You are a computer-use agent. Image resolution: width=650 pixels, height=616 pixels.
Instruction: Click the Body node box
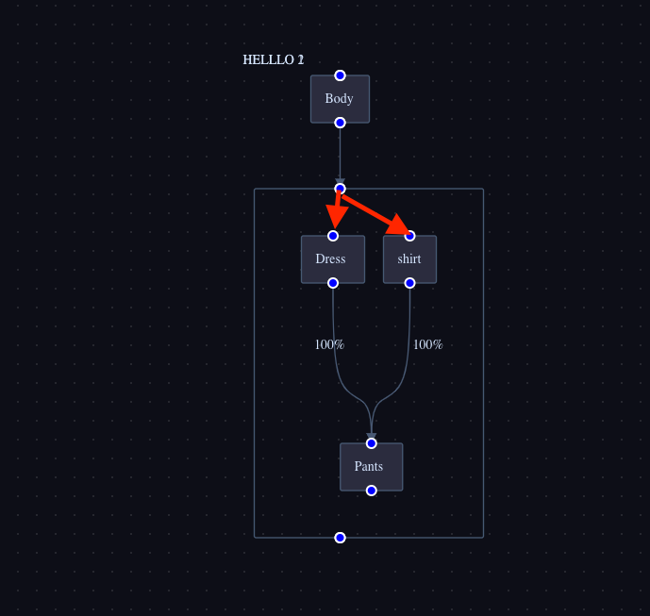click(x=340, y=99)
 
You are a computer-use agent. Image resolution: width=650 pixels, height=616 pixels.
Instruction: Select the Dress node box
click(x=332, y=259)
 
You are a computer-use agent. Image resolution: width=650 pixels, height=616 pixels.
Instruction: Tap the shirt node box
click(x=409, y=259)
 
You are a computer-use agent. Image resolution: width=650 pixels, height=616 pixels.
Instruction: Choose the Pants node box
click(x=371, y=467)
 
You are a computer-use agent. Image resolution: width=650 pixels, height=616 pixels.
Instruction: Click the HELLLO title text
click(x=273, y=60)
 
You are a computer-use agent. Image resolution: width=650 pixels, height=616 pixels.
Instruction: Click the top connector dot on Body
click(x=340, y=75)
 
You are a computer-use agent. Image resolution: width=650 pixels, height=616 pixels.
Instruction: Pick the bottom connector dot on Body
click(x=340, y=123)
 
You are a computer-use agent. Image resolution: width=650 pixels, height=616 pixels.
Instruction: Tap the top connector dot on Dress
click(x=333, y=236)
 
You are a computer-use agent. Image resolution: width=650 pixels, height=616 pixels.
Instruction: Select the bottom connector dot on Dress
click(x=333, y=283)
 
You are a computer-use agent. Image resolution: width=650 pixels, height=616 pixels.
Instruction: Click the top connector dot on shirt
click(x=409, y=236)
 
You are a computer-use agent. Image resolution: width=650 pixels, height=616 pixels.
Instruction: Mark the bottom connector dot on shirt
click(x=409, y=283)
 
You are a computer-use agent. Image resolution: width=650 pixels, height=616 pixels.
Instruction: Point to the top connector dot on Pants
click(x=372, y=443)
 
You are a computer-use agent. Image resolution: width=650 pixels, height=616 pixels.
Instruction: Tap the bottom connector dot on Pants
click(x=372, y=491)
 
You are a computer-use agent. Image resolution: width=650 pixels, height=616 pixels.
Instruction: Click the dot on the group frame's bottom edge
click(x=340, y=538)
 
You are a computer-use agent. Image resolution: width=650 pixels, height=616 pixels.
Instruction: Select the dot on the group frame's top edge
click(x=340, y=189)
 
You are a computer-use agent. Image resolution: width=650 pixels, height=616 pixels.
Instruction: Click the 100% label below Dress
click(x=329, y=345)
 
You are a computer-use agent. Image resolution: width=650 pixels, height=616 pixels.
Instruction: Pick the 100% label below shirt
click(x=427, y=345)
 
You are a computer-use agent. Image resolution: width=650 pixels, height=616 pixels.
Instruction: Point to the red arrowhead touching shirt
click(x=400, y=225)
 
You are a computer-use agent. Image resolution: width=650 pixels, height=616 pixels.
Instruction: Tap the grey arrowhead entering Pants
click(x=372, y=436)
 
